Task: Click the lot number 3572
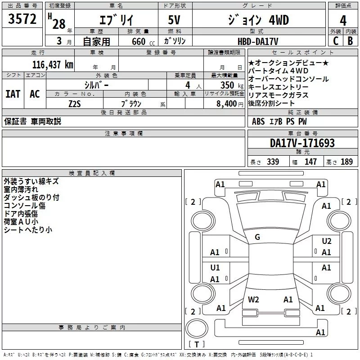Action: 22,20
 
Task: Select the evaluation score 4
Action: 343,21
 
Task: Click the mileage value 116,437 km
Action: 53,64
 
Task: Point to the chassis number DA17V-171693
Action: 302,143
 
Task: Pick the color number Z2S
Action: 75,103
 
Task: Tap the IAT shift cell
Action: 13,94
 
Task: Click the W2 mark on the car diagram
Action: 253,300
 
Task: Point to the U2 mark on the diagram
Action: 327,241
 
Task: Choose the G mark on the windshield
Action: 257,237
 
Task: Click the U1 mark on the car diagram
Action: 215,268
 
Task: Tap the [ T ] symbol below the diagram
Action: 197,345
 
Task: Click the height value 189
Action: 346,162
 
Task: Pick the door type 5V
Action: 175,21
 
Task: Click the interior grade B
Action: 350,41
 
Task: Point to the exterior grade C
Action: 336,41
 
